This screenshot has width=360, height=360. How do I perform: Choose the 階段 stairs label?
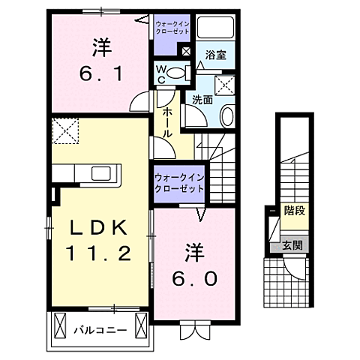tap(294, 211)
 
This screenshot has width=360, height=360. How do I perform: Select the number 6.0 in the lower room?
tap(191, 277)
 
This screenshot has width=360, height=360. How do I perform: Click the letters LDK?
tap(96, 227)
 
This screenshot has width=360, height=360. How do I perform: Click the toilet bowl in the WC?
tap(175, 73)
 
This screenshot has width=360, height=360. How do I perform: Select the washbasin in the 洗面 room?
tap(227, 115)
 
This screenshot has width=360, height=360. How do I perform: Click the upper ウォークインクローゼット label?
tap(173, 28)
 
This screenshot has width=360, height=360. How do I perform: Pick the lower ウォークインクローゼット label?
tap(179, 184)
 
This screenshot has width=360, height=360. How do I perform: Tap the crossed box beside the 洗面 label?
tap(225, 84)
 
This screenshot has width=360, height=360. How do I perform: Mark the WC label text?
tap(160, 73)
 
